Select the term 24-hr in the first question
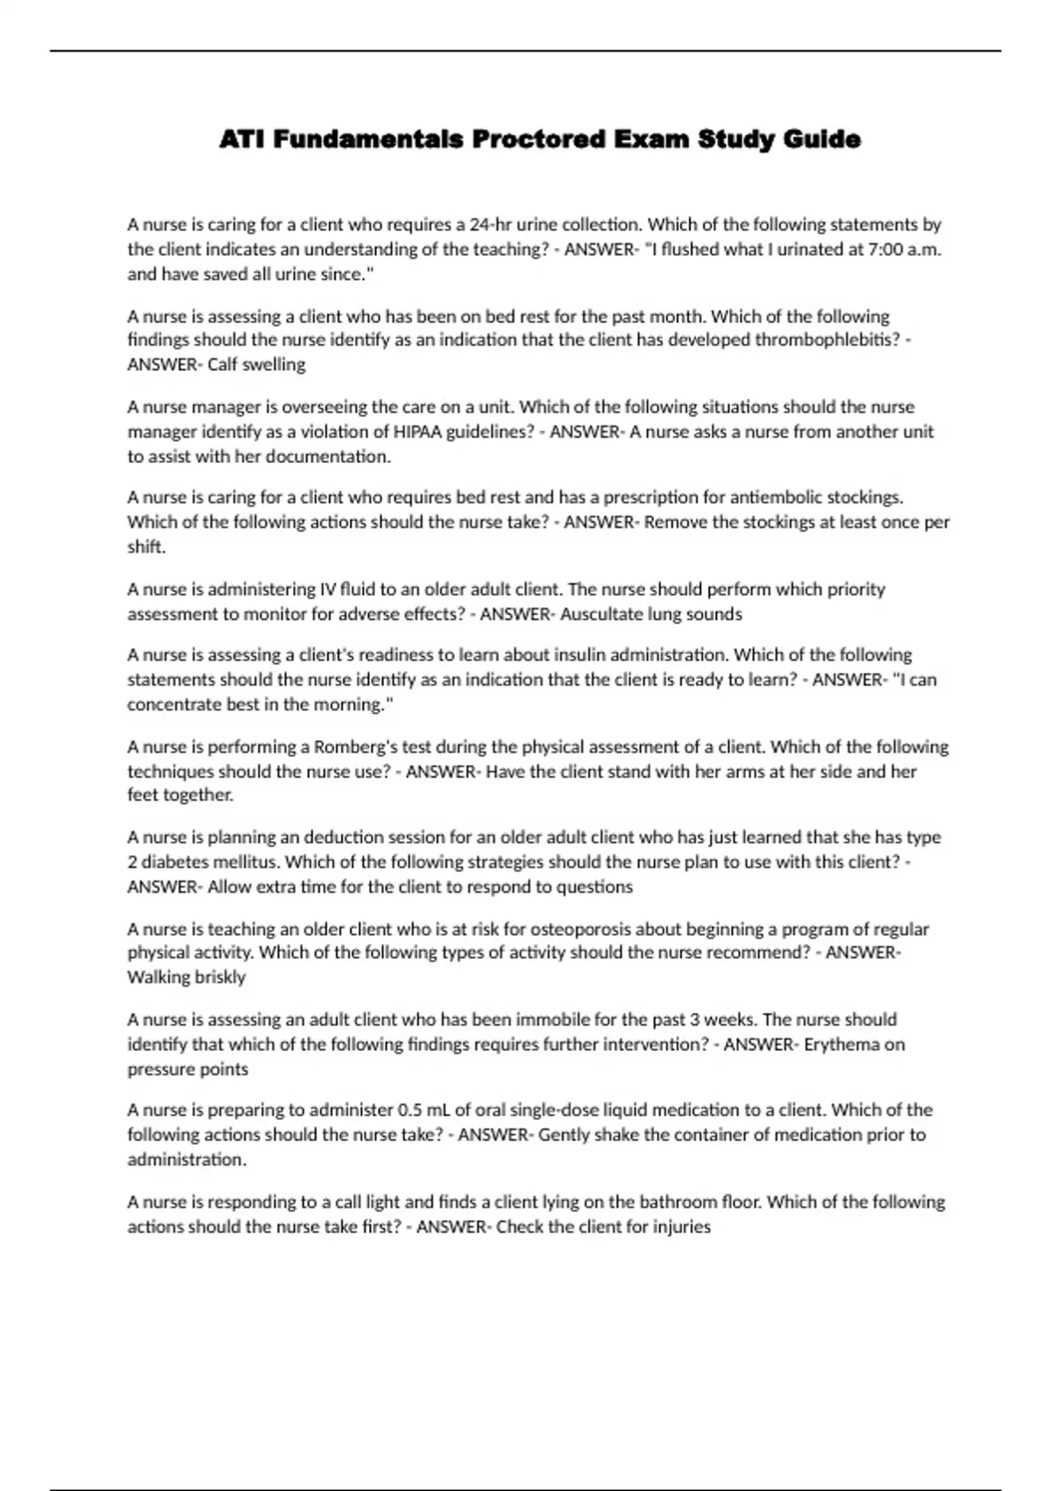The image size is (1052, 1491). pyautogui.click(x=492, y=225)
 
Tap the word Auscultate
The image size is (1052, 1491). pyautogui.click(x=601, y=614)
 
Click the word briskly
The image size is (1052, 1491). pyautogui.click(x=218, y=977)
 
